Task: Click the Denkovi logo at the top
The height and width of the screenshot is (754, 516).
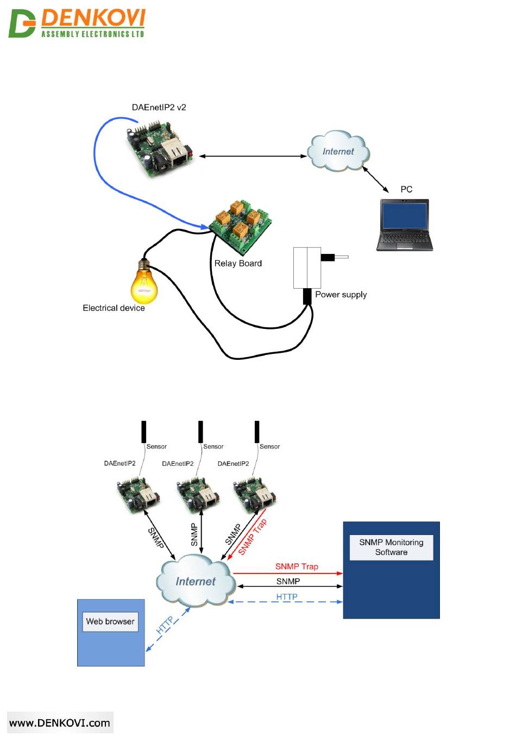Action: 77,23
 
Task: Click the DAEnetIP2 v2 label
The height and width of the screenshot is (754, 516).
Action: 159,107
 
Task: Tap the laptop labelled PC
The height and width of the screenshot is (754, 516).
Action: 404,225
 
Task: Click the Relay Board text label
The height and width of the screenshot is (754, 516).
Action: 238,264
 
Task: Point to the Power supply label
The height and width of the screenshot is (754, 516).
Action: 341,295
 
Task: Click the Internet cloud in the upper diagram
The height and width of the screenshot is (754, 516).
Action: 338,151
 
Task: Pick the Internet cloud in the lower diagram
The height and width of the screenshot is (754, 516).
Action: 196,582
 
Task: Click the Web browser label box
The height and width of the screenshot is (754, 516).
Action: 110,621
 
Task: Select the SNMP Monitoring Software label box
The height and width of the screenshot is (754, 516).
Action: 391,547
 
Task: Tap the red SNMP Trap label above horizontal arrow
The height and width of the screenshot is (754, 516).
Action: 297,566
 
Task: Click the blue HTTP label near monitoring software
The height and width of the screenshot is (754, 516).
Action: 287,597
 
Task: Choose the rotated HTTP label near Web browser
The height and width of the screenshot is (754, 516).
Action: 165,625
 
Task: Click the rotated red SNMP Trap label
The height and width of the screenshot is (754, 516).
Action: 253,537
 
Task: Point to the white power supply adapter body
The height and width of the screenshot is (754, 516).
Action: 307,267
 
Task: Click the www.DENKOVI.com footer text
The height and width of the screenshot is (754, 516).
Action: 60,723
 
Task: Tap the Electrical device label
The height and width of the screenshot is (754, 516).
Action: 114,308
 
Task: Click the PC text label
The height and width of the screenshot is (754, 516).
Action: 406,189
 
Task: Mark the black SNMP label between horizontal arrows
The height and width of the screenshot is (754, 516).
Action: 288,582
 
